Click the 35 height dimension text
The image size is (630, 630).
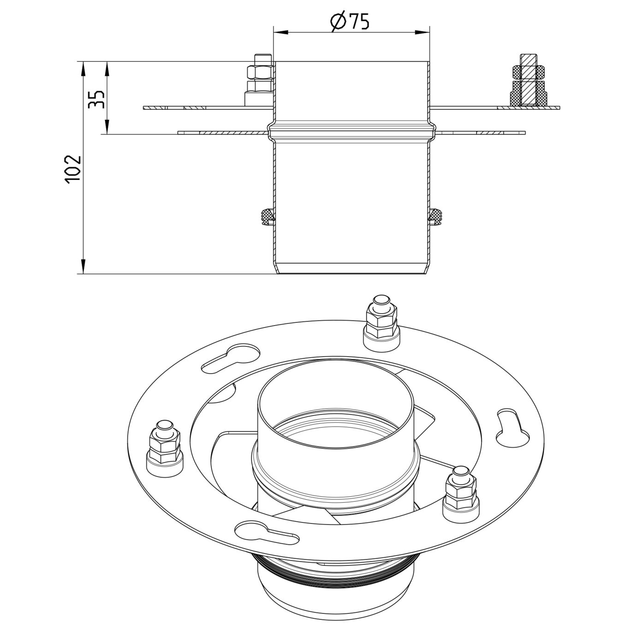(x=96, y=98)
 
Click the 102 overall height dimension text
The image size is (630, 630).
(x=73, y=169)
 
